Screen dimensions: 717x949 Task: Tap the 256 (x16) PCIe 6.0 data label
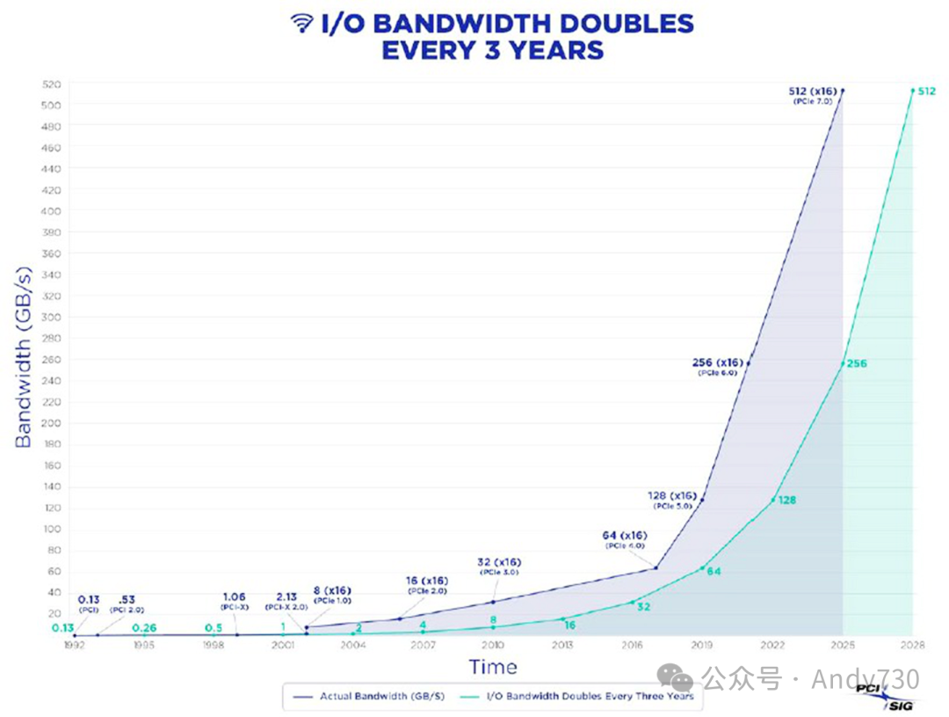click(x=719, y=365)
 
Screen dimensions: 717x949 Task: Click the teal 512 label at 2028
click(x=926, y=91)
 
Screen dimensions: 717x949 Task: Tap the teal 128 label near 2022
click(x=786, y=500)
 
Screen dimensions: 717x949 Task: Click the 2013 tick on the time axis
click(x=562, y=645)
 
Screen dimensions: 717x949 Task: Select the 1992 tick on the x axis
click(x=75, y=645)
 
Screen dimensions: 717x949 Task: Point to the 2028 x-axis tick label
click(x=912, y=645)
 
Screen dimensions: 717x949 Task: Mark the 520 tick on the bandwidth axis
click(x=51, y=84)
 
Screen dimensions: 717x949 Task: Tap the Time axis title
click(x=492, y=667)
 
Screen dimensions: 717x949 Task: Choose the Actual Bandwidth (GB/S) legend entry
click(x=369, y=696)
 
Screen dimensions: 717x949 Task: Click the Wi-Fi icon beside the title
click(x=301, y=25)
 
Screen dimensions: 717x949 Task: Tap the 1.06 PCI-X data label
click(x=234, y=601)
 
